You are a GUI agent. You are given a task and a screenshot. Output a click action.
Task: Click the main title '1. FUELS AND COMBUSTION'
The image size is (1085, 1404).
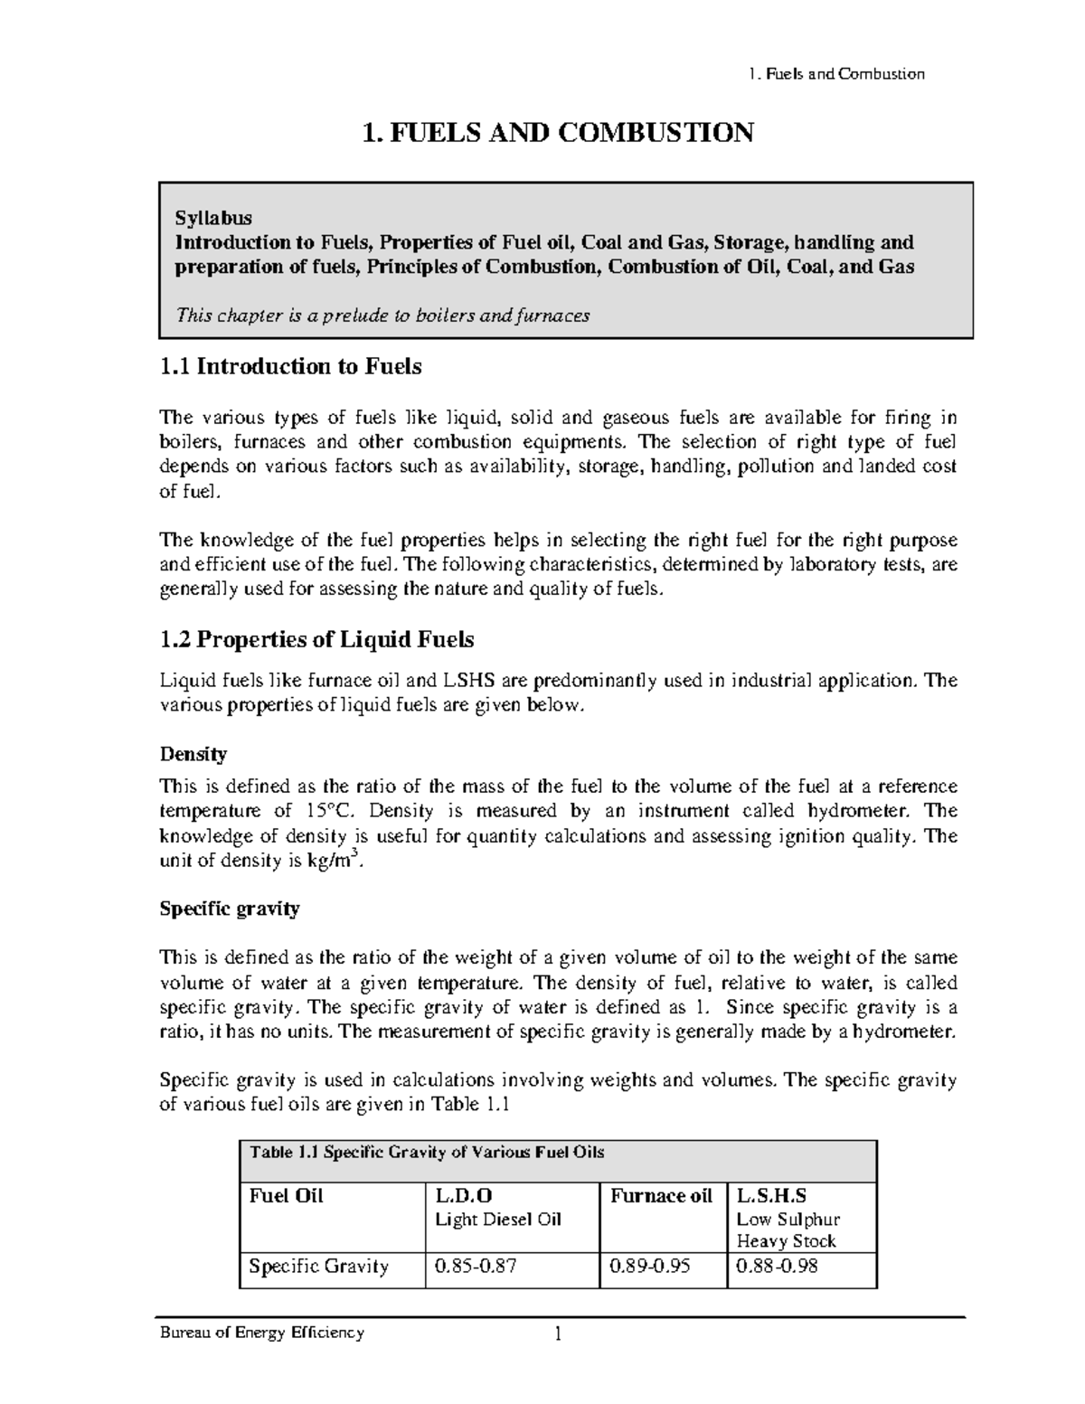tap(557, 133)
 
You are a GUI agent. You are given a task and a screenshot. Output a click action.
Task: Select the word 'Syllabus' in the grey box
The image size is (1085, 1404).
tap(213, 218)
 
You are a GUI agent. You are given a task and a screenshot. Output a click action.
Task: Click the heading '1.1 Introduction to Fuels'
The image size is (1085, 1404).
tap(290, 366)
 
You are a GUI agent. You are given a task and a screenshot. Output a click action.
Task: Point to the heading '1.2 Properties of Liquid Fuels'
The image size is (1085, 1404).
tap(316, 640)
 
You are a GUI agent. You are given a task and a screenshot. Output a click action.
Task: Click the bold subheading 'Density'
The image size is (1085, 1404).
tap(193, 754)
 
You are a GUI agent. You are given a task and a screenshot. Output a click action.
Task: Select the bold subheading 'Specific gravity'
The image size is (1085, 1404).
tap(229, 909)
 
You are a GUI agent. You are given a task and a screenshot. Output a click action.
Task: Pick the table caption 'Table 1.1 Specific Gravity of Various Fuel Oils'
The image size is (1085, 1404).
tap(427, 1153)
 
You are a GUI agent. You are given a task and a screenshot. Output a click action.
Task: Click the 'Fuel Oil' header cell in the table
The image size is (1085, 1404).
tap(286, 1196)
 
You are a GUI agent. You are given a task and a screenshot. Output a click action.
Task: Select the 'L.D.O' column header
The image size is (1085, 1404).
tap(464, 1196)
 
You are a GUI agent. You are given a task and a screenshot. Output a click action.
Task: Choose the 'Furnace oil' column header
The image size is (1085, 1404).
tap(662, 1196)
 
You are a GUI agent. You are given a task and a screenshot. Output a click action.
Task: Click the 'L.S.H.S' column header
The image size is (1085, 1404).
tap(772, 1196)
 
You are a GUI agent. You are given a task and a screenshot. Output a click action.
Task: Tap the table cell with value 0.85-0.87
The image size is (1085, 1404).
tap(476, 1267)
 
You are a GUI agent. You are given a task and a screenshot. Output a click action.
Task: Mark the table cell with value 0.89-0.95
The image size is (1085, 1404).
tap(650, 1267)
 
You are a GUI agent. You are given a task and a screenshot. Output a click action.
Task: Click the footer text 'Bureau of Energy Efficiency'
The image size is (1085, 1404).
tap(261, 1333)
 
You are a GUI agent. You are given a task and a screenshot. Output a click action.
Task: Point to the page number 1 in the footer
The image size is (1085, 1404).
tap(558, 1334)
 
